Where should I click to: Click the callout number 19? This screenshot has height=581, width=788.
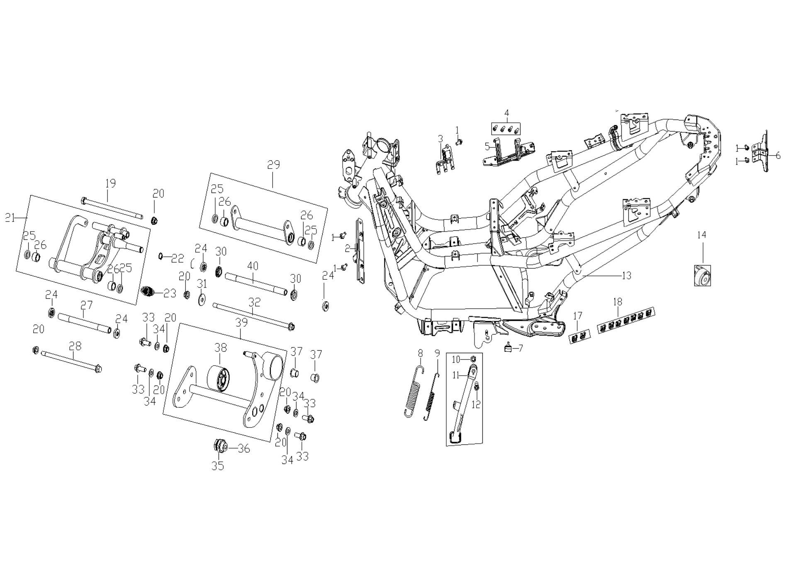pyautogui.click(x=110, y=183)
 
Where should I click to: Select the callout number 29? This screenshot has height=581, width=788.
pyautogui.click(x=273, y=165)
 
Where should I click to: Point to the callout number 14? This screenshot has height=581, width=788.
pyautogui.click(x=701, y=235)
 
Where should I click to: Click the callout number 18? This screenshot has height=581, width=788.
pyautogui.click(x=618, y=302)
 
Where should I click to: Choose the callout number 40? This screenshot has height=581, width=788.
pyautogui.click(x=253, y=266)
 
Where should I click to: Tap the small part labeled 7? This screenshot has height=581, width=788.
pyautogui.click(x=508, y=348)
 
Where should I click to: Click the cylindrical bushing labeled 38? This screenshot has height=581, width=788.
pyautogui.click(x=219, y=378)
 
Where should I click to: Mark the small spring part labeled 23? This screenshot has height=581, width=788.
pyautogui.click(x=148, y=291)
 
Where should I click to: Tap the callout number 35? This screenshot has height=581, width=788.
pyautogui.click(x=218, y=466)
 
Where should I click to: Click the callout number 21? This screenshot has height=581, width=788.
pyautogui.click(x=10, y=217)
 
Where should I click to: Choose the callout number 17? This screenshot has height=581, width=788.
pyautogui.click(x=578, y=316)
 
